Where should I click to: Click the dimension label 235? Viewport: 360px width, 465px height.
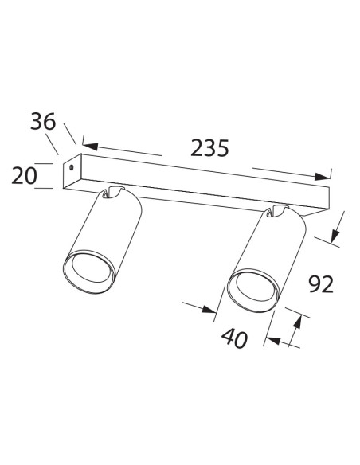pos(210,148)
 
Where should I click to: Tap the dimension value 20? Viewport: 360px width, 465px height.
pos(25,175)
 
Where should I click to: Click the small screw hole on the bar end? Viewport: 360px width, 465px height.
pos(72,169)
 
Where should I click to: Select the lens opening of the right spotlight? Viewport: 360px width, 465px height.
pos(252,291)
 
